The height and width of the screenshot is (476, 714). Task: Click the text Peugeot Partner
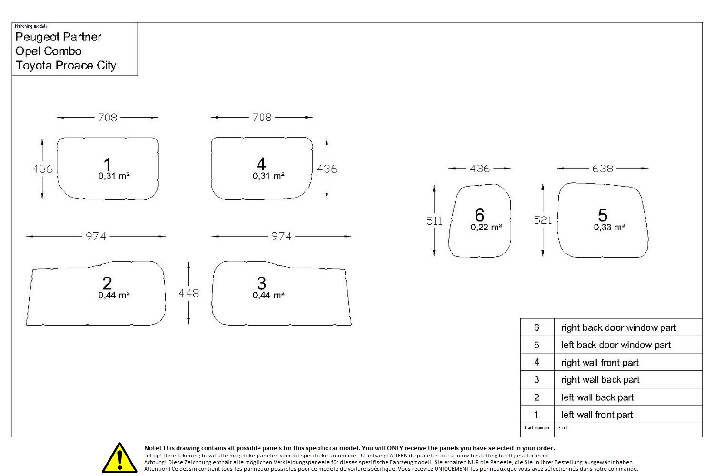pyautogui.click(x=59, y=37)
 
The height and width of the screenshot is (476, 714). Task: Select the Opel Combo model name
pyautogui.click(x=49, y=51)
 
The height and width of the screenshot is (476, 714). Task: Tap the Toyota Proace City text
pyautogui.click(x=66, y=66)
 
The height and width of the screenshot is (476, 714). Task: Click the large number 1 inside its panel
pyautogui.click(x=107, y=165)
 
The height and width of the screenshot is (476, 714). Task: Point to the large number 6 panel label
pyautogui.click(x=479, y=215)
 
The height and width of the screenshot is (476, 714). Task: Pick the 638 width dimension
pyautogui.click(x=603, y=169)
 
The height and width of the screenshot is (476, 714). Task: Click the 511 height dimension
pyautogui.click(x=434, y=220)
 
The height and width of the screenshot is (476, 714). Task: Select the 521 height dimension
pyautogui.click(x=543, y=220)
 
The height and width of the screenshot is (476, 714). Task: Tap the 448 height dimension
pyautogui.click(x=188, y=293)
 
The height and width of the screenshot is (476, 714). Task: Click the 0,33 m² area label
pyautogui.click(x=609, y=228)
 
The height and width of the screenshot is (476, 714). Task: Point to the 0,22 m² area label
pyautogui.click(x=486, y=228)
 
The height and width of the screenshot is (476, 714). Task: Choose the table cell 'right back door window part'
pyautogui.click(x=618, y=328)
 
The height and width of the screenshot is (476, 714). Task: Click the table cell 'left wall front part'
pyautogui.click(x=597, y=415)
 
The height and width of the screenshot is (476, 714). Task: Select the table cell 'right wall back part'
pyautogui.click(x=600, y=380)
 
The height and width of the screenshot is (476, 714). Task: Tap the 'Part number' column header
pyautogui.click(x=537, y=427)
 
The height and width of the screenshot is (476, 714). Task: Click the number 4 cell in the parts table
pyautogui.click(x=537, y=362)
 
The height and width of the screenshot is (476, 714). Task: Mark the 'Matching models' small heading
pyautogui.click(x=31, y=26)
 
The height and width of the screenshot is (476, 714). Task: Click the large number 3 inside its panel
pyautogui.click(x=261, y=283)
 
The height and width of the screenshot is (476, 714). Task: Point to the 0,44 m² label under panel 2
pyautogui.click(x=114, y=295)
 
